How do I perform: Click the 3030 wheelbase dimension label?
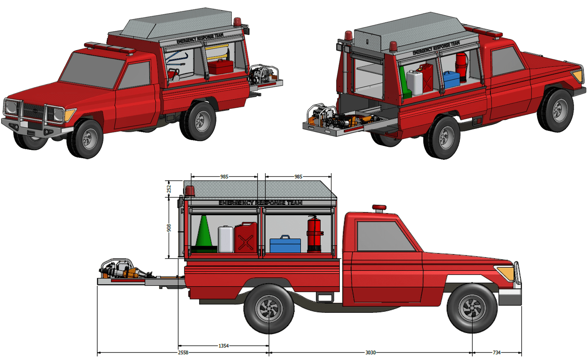[x=370, y=352]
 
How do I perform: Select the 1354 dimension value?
[x=224, y=345]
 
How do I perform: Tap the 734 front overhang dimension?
[x=496, y=352]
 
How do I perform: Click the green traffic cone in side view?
[x=203, y=234]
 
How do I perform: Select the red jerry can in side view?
[x=245, y=238]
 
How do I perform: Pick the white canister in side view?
[x=226, y=239]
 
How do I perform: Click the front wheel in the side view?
[x=472, y=309]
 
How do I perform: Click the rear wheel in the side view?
[x=269, y=309]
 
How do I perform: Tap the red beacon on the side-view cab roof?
[x=379, y=208]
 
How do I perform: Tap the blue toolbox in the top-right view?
[x=451, y=80]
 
